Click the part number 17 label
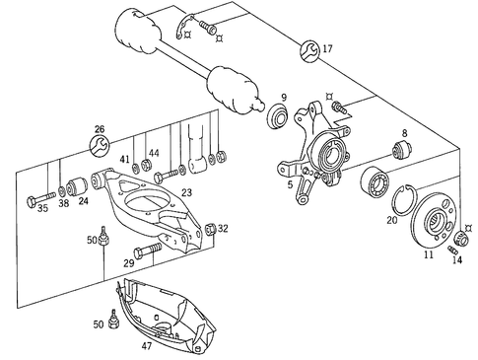[x=327, y=48]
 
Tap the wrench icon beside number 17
[x=308, y=48]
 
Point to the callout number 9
[x=284, y=96]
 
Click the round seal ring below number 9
[x=278, y=119]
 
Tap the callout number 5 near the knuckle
[x=289, y=184]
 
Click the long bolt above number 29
[x=148, y=253]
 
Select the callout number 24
[x=83, y=202]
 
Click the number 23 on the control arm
[x=186, y=192]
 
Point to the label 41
[x=125, y=158]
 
